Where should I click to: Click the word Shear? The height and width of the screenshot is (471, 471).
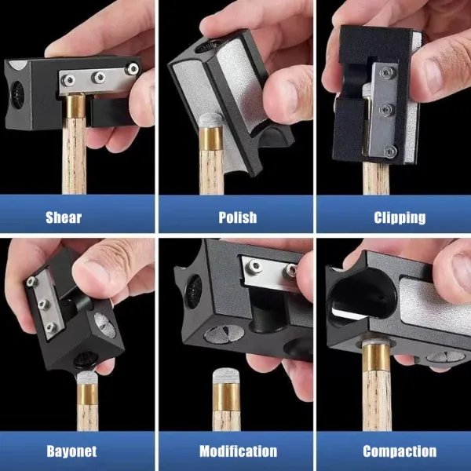[64, 217]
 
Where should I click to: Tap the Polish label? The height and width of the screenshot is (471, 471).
[238, 217]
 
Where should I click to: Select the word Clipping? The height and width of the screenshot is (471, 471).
[400, 218]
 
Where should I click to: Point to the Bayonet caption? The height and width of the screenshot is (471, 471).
[71, 451]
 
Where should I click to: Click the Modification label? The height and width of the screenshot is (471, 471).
[238, 451]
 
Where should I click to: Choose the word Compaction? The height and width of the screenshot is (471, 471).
[400, 451]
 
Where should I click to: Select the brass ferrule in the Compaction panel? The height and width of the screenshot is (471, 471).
[376, 357]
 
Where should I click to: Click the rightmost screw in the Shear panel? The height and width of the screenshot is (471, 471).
[132, 68]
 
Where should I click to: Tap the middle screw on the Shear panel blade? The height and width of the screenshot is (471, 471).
[99, 77]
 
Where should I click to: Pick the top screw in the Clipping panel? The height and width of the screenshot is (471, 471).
[385, 73]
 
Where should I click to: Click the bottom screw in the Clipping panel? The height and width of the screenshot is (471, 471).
[390, 152]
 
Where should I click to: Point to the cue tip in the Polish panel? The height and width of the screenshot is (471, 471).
[210, 119]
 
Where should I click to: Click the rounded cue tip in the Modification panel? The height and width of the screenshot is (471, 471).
[227, 376]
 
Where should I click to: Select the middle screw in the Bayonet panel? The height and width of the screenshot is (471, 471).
[43, 305]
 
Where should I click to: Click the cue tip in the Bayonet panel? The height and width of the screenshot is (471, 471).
[87, 378]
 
